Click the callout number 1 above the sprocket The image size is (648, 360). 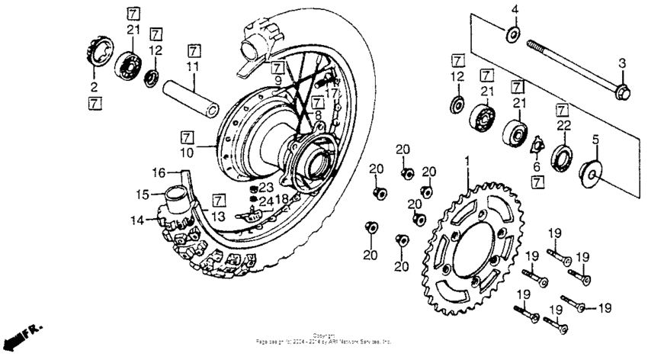(x=467, y=162)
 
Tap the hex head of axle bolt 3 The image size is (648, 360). (x=620, y=94)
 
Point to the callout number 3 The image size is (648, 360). (x=621, y=63)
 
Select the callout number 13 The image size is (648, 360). (x=219, y=217)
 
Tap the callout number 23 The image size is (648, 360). (x=265, y=186)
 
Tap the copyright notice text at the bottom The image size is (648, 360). (x=325, y=340)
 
